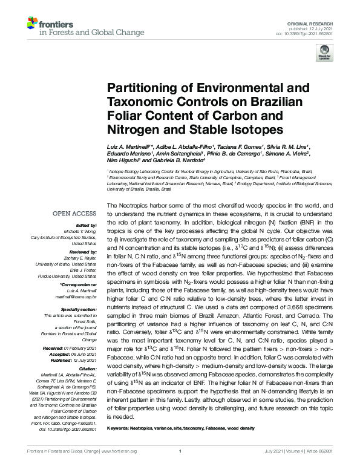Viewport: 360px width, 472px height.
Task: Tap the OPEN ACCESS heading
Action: (x=74, y=214)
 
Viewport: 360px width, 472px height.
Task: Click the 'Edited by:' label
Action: (x=87, y=225)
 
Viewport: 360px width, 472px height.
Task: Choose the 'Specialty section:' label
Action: (x=78, y=309)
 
